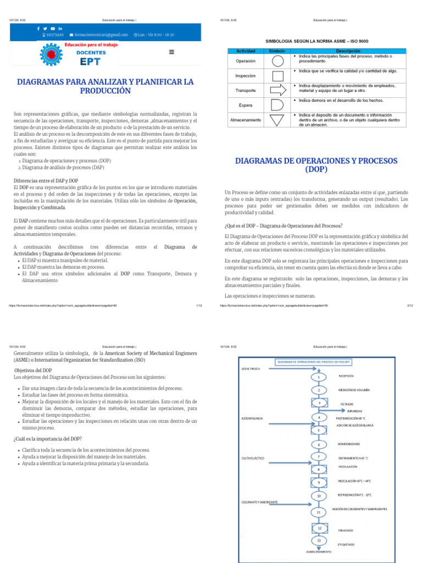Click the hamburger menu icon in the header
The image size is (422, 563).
(171, 52)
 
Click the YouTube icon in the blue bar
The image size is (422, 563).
(53, 28)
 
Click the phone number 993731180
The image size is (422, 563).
(55, 35)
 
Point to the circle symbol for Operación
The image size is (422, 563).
(279, 61)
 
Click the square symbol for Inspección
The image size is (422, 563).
(279, 76)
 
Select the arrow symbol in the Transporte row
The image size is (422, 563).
(279, 90)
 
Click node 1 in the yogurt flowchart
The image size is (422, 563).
(318, 378)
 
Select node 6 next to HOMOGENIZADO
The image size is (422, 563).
(318, 444)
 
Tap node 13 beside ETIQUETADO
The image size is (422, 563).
(318, 540)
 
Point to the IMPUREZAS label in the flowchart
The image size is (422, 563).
(354, 411)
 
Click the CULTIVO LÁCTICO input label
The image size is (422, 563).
(253, 457)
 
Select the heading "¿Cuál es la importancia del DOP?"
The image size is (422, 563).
(48, 438)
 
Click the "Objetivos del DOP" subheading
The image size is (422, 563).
(33, 371)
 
